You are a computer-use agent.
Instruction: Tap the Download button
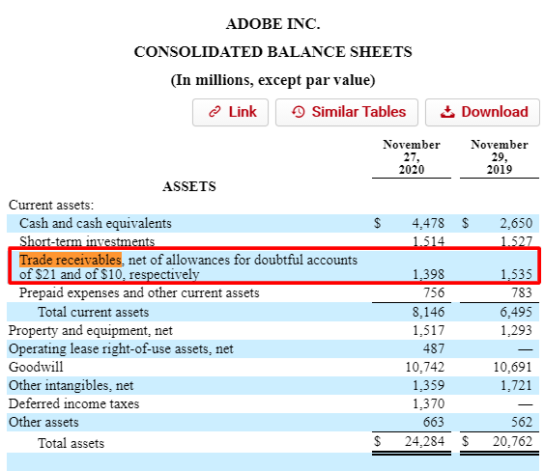point(484,112)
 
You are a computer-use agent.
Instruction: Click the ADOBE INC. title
point(272,23)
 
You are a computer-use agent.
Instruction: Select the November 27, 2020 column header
point(411,156)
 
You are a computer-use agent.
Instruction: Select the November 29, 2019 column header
point(499,156)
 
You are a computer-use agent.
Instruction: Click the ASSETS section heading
point(189,185)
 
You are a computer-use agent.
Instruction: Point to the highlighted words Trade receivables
point(71,260)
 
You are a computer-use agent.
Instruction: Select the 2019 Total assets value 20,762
point(511,443)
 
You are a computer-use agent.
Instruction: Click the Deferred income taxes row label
point(73,403)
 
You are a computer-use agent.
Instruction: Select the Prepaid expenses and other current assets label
point(139,292)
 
